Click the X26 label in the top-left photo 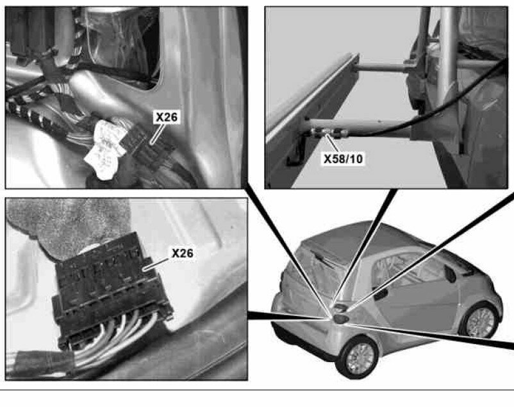click(x=167, y=117)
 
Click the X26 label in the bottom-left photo click(x=182, y=253)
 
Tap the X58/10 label click(x=344, y=159)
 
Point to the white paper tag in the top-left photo click(x=104, y=150)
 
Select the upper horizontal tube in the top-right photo click(x=381, y=67)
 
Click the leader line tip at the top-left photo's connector click(x=151, y=143)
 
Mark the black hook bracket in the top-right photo click(x=297, y=151)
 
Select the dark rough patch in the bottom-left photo click(x=65, y=223)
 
